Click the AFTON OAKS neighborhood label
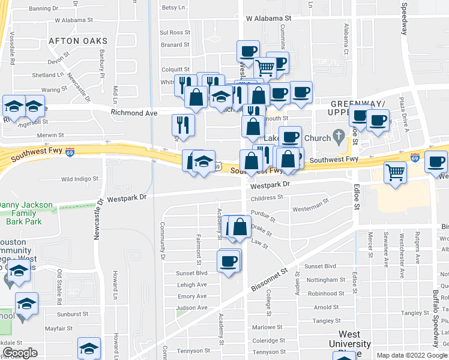(x=77, y=41)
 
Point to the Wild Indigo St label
(x=79, y=179)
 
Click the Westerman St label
(x=310, y=209)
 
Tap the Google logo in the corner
(x=20, y=353)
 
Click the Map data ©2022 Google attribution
(x=412, y=355)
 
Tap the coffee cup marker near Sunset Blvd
(x=229, y=262)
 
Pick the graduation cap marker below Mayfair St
(x=89, y=349)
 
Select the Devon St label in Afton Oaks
(x=59, y=61)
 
